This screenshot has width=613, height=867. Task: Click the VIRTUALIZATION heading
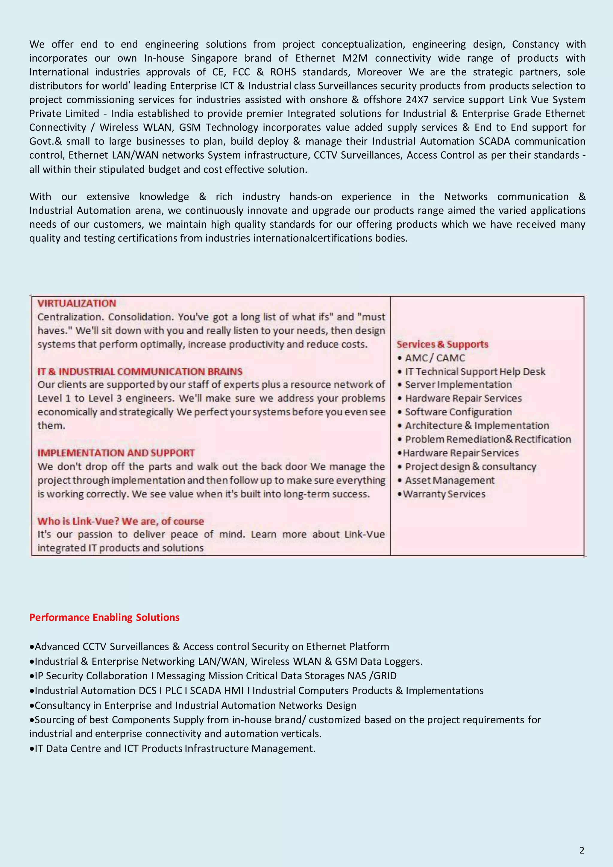tap(77, 303)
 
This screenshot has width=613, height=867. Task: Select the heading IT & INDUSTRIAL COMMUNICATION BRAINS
tap(140, 372)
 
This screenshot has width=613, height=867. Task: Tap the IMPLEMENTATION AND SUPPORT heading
tap(116, 453)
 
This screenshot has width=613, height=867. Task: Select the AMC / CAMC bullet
tap(435, 358)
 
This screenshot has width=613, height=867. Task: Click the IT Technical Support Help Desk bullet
tap(475, 372)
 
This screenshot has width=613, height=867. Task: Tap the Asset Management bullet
tap(450, 480)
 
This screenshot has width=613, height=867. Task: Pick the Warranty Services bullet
tap(444, 494)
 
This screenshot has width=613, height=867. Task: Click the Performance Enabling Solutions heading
tap(104, 617)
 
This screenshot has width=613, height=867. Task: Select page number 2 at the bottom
tap(582, 850)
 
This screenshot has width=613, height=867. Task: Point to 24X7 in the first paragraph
tap(417, 100)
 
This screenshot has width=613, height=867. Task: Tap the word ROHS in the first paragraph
tap(283, 72)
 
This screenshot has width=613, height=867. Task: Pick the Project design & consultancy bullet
tap(470, 467)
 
